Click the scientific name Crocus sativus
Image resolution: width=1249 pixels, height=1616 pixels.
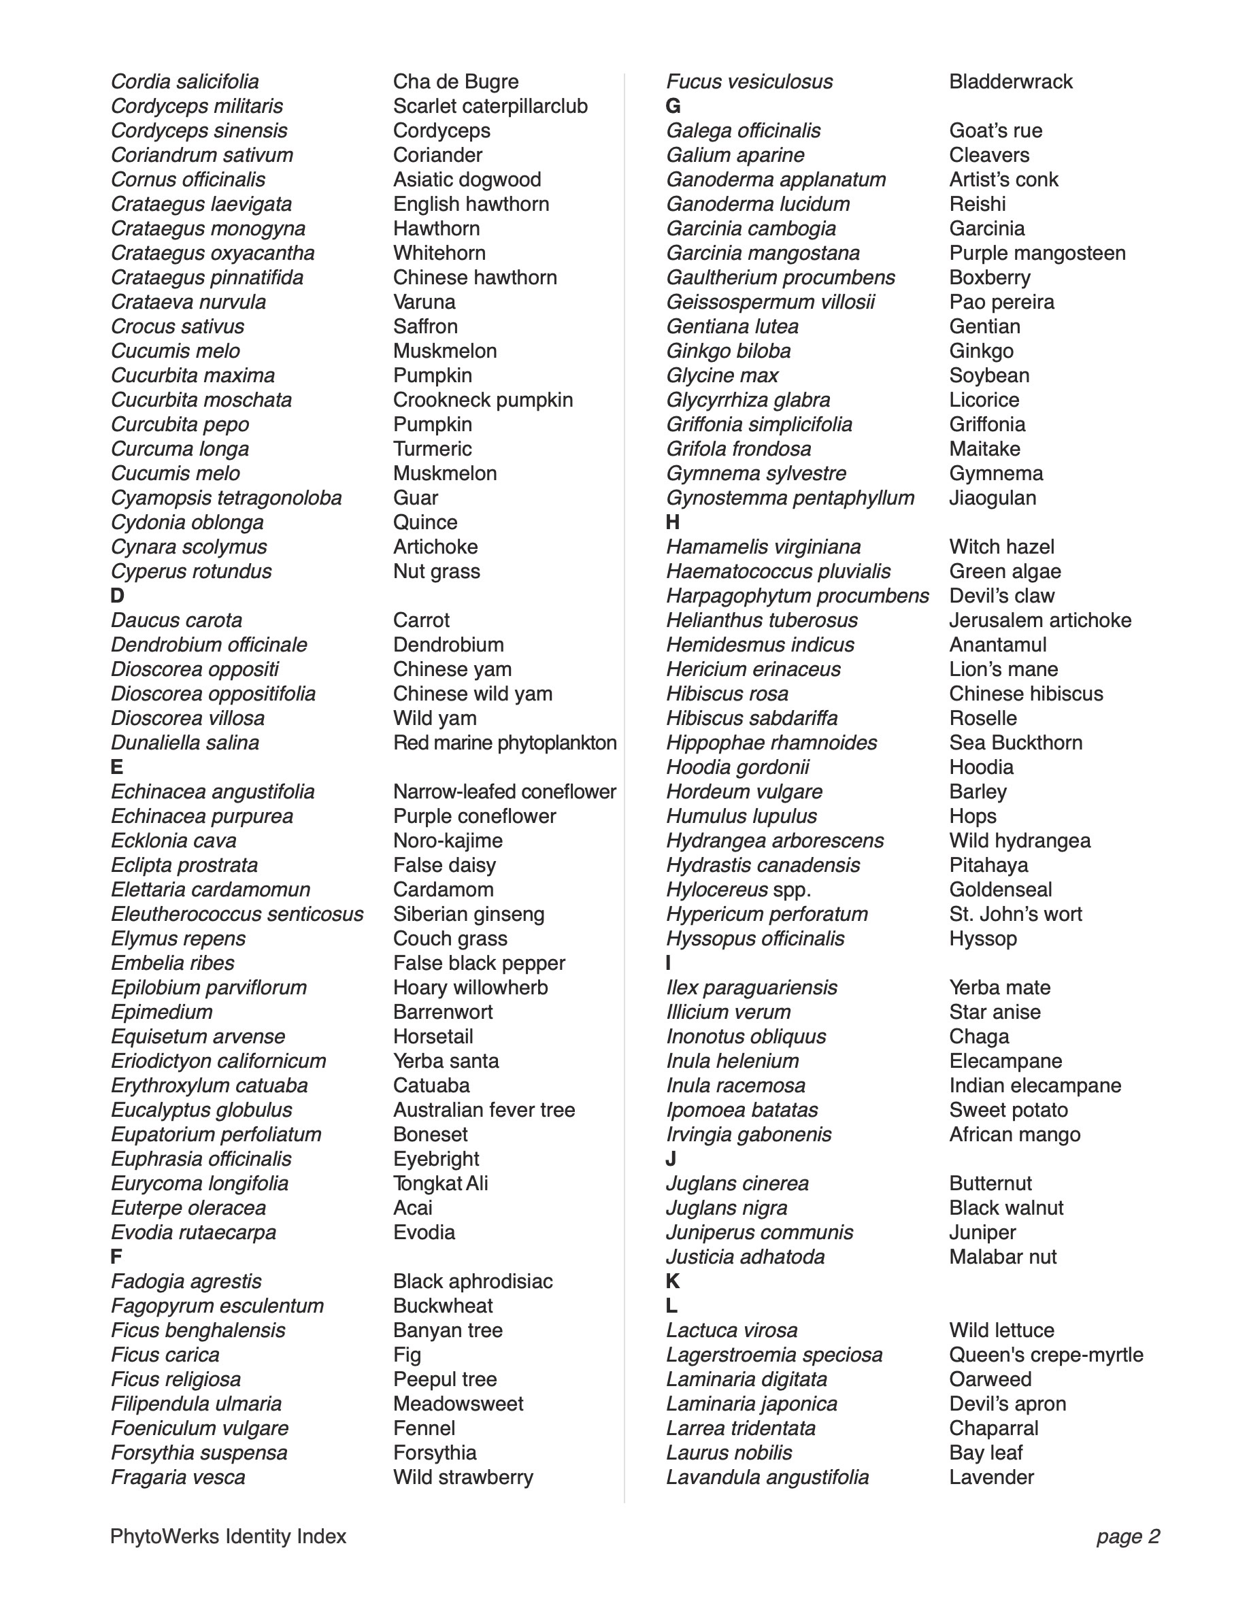[177, 326]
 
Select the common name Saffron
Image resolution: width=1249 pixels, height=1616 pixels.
[424, 326]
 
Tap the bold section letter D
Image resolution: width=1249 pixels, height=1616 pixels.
[117, 596]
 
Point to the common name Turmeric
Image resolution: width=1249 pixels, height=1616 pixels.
[432, 448]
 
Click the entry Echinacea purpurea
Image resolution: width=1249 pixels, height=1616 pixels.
[201, 816]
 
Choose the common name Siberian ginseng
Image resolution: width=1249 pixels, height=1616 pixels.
[468, 914]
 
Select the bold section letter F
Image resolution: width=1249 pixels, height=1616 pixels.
[116, 1256]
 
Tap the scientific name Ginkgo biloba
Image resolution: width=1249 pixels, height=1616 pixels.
[728, 351]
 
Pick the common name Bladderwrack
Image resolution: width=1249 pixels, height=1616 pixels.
[1010, 82]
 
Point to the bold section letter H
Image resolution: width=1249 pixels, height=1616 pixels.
[672, 522]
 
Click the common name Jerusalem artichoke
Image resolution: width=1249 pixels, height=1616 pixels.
[1039, 620]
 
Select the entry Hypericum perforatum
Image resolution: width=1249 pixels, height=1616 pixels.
[767, 914]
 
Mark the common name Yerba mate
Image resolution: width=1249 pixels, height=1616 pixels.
[999, 987]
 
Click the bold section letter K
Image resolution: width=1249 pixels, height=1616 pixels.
[672, 1281]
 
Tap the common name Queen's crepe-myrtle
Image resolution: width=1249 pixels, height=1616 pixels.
[1046, 1355]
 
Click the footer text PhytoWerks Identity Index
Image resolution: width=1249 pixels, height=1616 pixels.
[228, 1537]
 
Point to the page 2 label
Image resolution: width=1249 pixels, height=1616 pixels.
[1128, 1537]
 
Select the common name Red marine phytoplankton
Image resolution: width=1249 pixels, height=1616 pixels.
[505, 742]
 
